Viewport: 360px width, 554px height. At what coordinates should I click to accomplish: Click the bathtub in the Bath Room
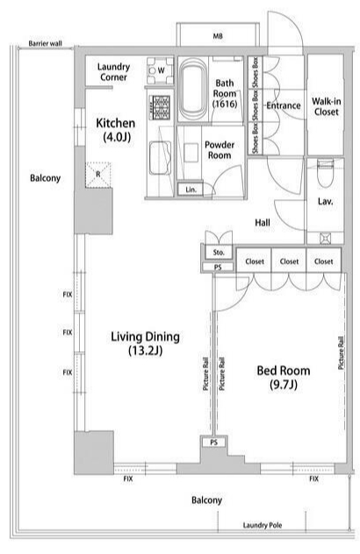tap(193, 90)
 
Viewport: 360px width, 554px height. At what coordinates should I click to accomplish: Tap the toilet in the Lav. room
tap(326, 172)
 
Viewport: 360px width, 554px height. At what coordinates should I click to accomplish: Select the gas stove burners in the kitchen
tap(161, 107)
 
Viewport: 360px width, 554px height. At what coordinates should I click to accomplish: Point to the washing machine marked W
tap(161, 70)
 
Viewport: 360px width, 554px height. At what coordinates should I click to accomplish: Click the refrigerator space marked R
tap(98, 175)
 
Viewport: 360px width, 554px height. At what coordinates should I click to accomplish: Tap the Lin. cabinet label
tap(191, 190)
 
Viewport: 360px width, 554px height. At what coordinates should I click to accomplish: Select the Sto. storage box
tap(219, 252)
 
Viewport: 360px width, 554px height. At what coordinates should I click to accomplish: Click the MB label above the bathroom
tap(218, 36)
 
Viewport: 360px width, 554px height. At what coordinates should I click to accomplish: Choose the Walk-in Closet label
tap(326, 107)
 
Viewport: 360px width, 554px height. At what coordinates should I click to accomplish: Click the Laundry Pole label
tap(263, 525)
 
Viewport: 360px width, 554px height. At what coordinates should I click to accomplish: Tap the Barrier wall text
tap(46, 44)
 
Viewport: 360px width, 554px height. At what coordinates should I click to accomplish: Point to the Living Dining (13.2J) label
tap(145, 342)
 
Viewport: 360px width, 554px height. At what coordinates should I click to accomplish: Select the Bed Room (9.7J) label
tap(284, 378)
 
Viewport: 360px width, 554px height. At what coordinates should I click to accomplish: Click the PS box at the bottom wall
tap(214, 442)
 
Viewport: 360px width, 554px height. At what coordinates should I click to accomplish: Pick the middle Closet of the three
tap(289, 262)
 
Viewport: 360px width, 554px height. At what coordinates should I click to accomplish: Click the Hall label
tap(263, 223)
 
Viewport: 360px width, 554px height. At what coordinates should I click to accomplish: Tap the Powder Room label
tap(220, 150)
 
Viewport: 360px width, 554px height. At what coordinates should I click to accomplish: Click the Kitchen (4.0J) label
tap(116, 130)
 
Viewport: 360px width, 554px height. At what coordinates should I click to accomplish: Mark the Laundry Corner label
tap(113, 72)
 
